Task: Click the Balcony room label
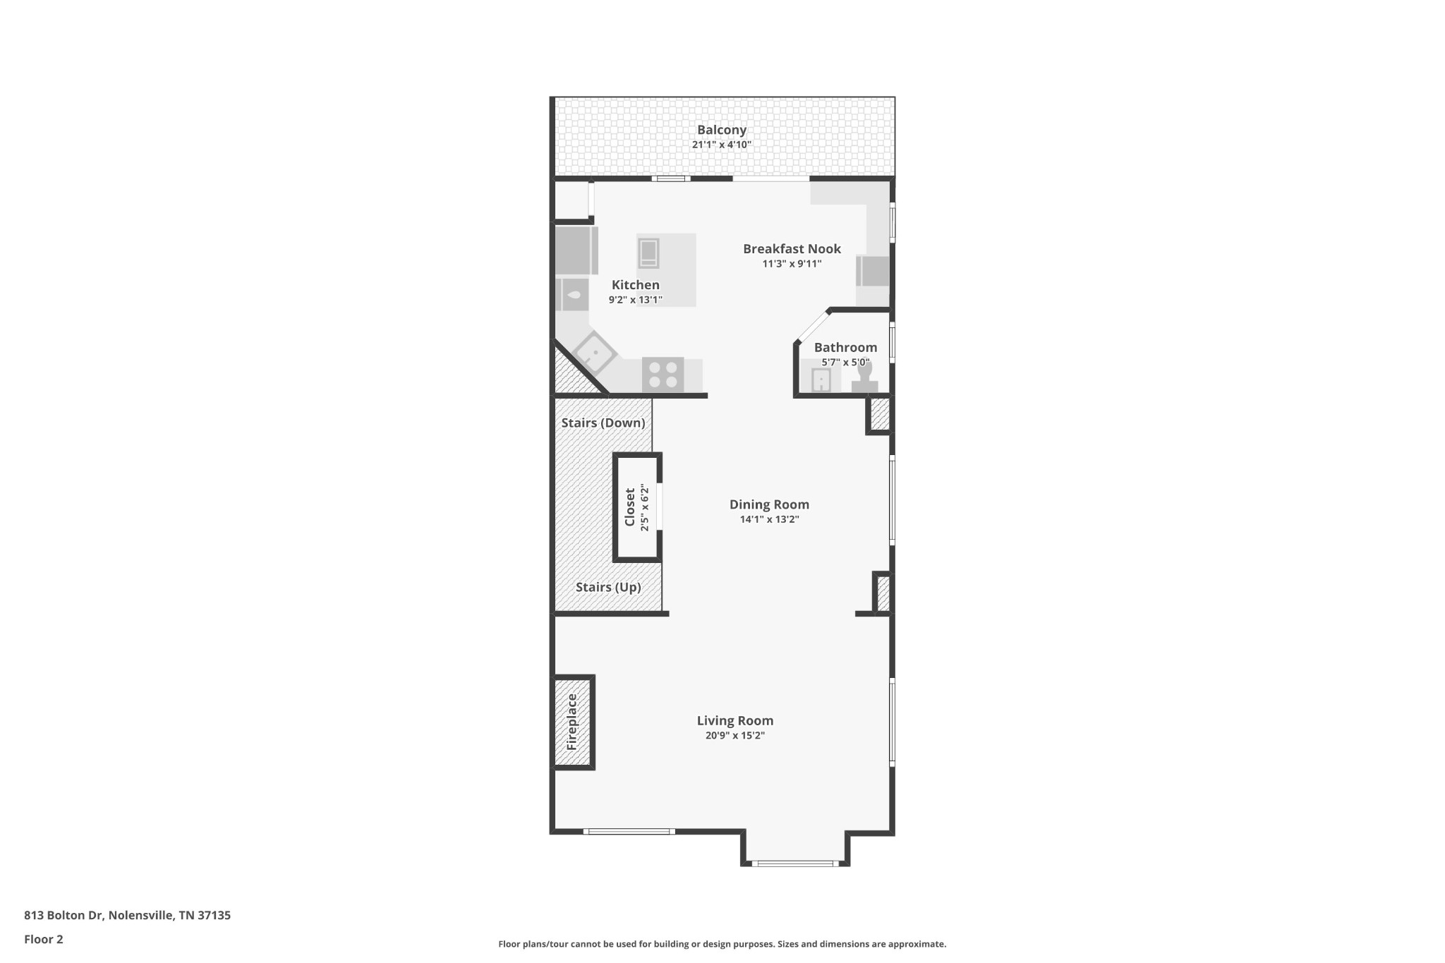[x=721, y=130]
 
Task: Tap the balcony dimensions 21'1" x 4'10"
[x=721, y=145]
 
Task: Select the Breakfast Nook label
[x=792, y=248]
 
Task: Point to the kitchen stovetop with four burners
[x=663, y=374]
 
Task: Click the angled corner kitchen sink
[x=595, y=353]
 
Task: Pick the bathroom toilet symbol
[x=864, y=376]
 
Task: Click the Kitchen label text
[x=635, y=285]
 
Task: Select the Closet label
[x=630, y=507]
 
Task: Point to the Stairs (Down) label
[x=603, y=423]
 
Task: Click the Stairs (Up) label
[x=608, y=587]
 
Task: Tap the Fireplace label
[x=572, y=722]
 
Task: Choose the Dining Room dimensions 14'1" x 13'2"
[x=769, y=519]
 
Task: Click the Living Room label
[x=735, y=720]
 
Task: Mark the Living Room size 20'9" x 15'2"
[x=735, y=735]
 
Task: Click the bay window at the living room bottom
[x=794, y=863]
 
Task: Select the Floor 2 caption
[x=44, y=939]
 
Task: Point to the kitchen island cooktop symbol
[x=648, y=253]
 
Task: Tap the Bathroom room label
[x=845, y=347]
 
